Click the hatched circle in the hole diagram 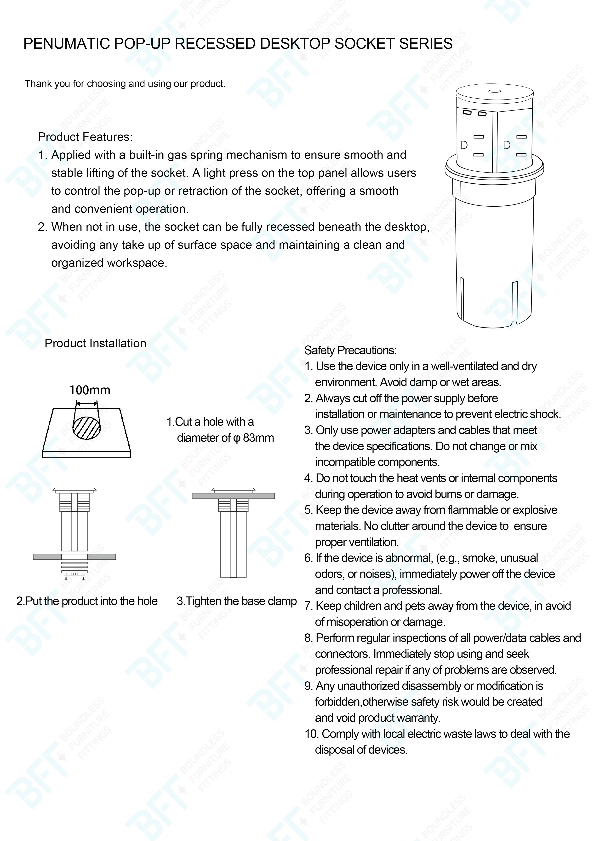click(x=86, y=428)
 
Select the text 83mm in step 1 click(x=258, y=438)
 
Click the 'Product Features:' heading click(x=85, y=137)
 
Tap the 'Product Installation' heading click(x=95, y=344)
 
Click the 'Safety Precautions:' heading click(x=350, y=350)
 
